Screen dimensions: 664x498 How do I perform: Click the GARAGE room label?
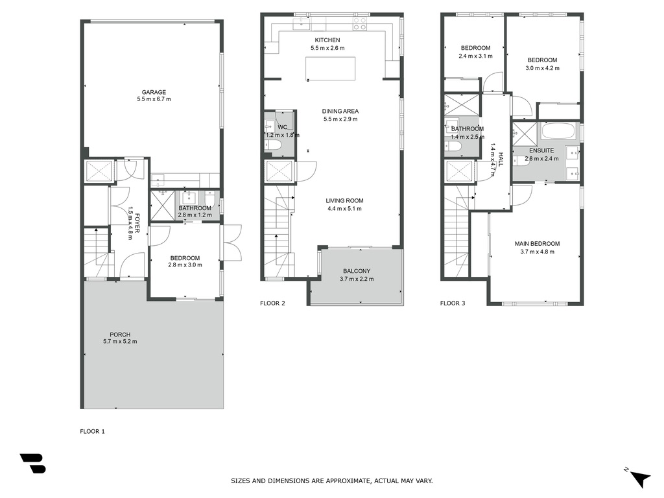click(x=154, y=92)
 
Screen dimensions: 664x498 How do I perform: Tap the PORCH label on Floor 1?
click(x=120, y=334)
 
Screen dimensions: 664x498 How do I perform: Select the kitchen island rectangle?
click(x=330, y=69)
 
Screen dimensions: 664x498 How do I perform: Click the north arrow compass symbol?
click(x=639, y=477)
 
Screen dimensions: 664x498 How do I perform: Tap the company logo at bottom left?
click(x=32, y=463)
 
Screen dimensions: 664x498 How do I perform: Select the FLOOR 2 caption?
click(x=272, y=303)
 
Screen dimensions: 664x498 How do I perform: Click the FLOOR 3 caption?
click(x=452, y=303)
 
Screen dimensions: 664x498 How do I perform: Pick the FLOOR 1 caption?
click(x=92, y=431)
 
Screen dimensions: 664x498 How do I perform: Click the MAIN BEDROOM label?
click(x=537, y=244)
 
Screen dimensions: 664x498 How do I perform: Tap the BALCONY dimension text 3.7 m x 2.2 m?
click(x=357, y=279)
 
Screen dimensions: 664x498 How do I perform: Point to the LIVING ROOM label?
click(x=344, y=201)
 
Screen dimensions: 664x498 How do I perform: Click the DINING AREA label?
click(x=340, y=111)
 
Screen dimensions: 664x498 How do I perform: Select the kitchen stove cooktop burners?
click(x=360, y=24)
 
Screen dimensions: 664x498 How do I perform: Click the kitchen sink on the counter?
click(x=301, y=24)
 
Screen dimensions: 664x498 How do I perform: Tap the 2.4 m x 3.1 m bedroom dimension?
click(x=475, y=56)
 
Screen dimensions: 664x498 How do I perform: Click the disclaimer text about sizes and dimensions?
click(x=331, y=480)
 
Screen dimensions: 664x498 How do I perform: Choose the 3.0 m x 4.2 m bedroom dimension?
click(x=543, y=67)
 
